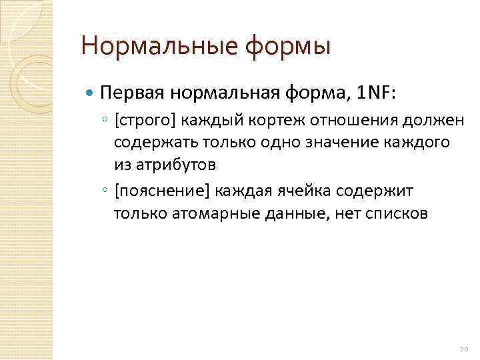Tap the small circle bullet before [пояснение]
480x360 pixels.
pos(105,192)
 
